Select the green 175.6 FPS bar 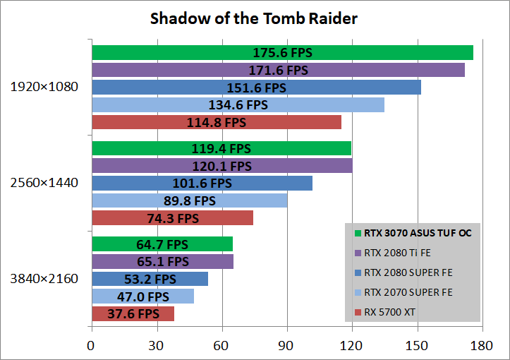coord(282,53)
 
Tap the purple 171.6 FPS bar coord(278,70)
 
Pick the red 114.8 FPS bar coord(217,122)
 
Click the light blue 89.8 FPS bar coord(189,200)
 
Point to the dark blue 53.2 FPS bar coord(150,279)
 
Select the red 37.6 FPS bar coord(133,313)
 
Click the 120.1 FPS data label coord(221,166)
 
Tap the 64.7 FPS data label coord(162,244)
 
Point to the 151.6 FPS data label coord(256,88)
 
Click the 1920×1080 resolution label coord(44,88)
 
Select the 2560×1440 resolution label coord(44,183)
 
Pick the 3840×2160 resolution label coord(44,278)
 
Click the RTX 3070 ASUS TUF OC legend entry coord(412,232)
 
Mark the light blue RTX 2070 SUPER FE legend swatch coord(358,292)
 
